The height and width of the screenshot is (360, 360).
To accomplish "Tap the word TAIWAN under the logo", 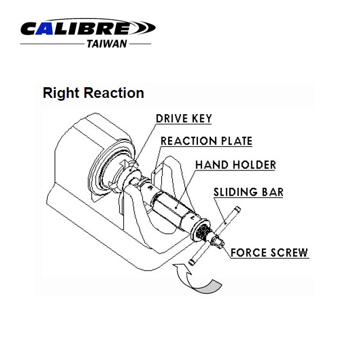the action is (x=107, y=44).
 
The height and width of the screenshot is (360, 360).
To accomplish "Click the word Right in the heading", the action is (x=61, y=93).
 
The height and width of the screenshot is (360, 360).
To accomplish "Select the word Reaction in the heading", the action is (x=114, y=93).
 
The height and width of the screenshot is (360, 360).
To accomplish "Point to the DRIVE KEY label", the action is (x=184, y=119).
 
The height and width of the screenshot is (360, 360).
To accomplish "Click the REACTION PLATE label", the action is (x=206, y=141).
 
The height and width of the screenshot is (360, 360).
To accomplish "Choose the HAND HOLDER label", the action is (x=236, y=165).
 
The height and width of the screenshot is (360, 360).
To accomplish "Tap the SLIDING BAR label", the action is (x=249, y=192).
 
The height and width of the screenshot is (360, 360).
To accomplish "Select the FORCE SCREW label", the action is (x=269, y=253).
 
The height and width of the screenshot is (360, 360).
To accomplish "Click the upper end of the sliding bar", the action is (x=237, y=209).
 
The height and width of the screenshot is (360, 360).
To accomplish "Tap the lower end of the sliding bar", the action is (x=192, y=263).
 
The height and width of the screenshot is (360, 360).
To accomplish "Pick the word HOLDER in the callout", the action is (x=254, y=165).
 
